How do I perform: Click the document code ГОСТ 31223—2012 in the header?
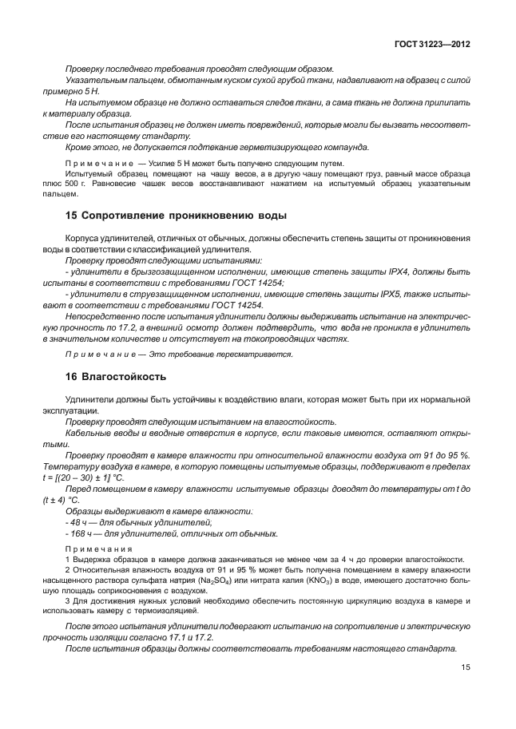point(431,46)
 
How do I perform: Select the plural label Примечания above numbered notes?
point(93,549)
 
